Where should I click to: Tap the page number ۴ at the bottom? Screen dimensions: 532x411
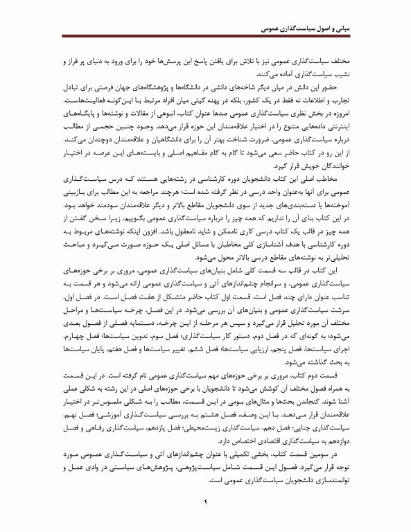point(205,502)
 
